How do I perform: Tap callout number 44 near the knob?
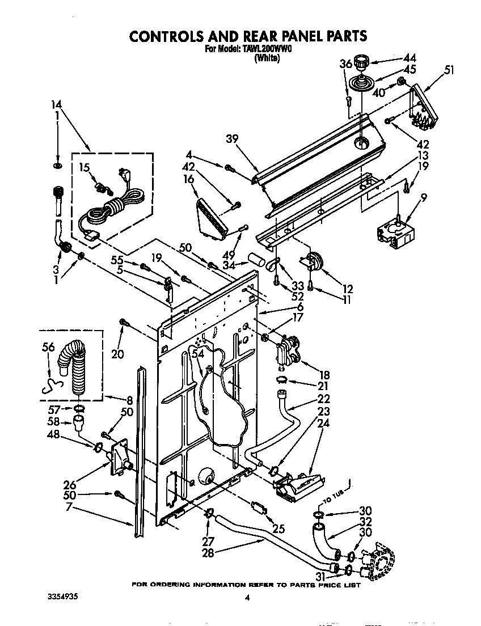[409, 58]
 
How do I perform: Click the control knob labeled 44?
[361, 61]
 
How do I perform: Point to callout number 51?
[449, 70]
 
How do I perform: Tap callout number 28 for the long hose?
[208, 553]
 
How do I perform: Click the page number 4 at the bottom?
[247, 597]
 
